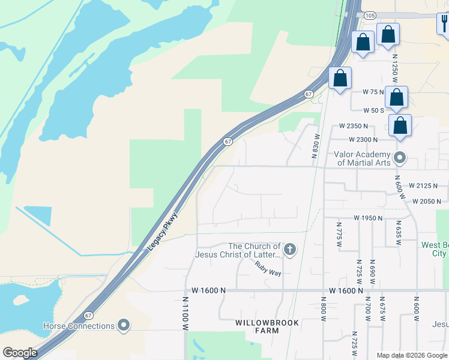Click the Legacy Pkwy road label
click(163, 232)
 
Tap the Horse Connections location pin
click(124, 326)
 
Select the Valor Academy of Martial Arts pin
click(400, 158)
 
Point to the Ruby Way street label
click(267, 268)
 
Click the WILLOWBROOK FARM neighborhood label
click(257, 326)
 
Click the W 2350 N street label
click(353, 127)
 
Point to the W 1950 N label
click(368, 217)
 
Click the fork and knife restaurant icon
click(443, 23)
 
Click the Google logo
click(20, 352)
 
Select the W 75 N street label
click(373, 92)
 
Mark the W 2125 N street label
click(424, 186)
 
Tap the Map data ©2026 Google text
click(411, 355)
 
